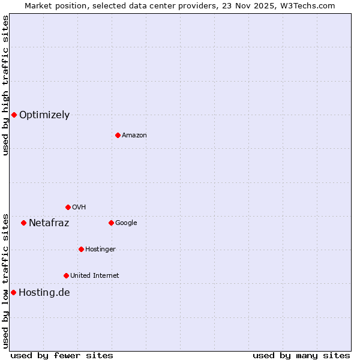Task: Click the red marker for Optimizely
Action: point(14,115)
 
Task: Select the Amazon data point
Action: point(118,135)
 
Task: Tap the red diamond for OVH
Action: point(68,207)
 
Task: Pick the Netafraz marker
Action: point(23,223)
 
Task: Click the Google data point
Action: point(111,223)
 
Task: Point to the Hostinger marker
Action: point(81,249)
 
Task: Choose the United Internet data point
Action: point(66,275)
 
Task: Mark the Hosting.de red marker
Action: point(13,292)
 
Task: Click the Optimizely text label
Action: point(44,115)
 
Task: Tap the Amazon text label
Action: point(134,136)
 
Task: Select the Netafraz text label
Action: point(49,223)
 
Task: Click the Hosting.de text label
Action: point(44,293)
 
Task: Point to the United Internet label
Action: point(95,276)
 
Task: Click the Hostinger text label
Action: point(100,250)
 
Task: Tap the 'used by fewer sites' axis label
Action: point(62,355)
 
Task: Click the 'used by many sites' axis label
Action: point(301,355)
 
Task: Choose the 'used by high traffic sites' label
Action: point(5,85)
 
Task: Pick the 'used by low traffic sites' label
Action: point(5,281)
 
